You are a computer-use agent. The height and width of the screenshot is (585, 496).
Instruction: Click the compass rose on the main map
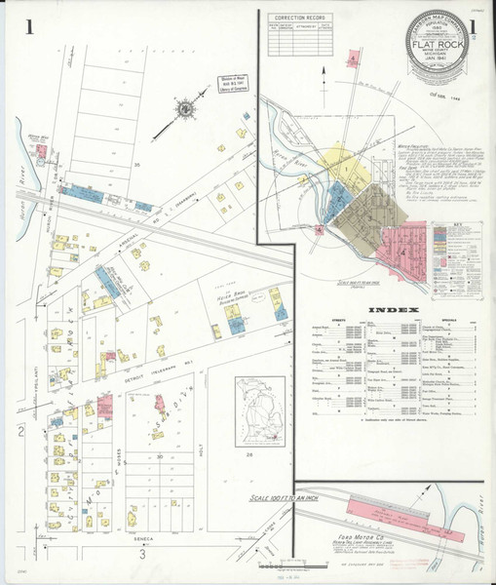click(184, 109)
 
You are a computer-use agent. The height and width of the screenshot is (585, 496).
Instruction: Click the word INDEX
click(394, 311)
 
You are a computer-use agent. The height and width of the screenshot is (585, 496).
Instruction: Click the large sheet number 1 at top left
click(30, 27)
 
